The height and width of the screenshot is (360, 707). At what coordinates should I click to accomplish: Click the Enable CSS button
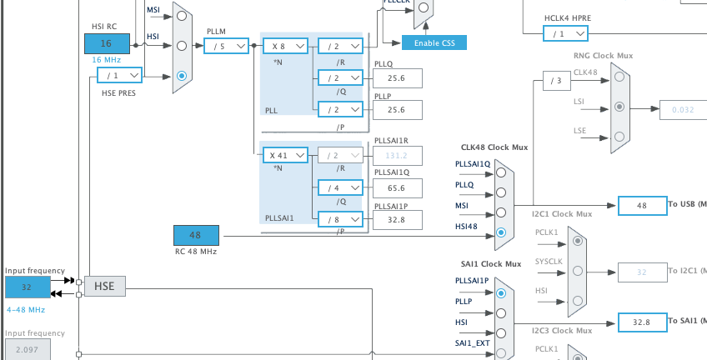pyautogui.click(x=434, y=42)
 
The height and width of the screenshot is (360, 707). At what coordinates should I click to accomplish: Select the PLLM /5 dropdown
pyautogui.click(x=226, y=47)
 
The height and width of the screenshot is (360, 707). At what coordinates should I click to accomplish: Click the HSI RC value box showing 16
pyautogui.click(x=107, y=43)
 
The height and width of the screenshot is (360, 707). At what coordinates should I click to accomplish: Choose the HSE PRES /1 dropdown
pyautogui.click(x=119, y=76)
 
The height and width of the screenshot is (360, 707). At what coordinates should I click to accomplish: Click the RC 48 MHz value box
pyautogui.click(x=196, y=236)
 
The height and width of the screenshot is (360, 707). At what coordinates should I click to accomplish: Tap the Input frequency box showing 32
pyautogui.click(x=28, y=287)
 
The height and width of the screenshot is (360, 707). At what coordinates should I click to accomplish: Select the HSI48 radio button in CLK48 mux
pyautogui.click(x=500, y=232)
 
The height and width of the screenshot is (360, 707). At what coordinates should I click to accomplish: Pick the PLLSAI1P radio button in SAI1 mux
pyautogui.click(x=500, y=293)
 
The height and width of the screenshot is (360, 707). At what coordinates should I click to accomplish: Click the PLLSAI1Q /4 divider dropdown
pyautogui.click(x=340, y=188)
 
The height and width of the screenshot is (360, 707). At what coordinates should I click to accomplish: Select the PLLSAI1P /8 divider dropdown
pyautogui.click(x=340, y=220)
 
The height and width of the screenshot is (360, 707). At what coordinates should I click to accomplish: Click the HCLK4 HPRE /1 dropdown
pyautogui.click(x=566, y=33)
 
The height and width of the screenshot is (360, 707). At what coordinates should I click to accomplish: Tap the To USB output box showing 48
pyautogui.click(x=641, y=205)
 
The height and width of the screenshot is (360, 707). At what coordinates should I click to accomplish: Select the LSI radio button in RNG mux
pyautogui.click(x=619, y=107)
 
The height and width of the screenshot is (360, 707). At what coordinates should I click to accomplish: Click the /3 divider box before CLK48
pyautogui.click(x=555, y=81)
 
